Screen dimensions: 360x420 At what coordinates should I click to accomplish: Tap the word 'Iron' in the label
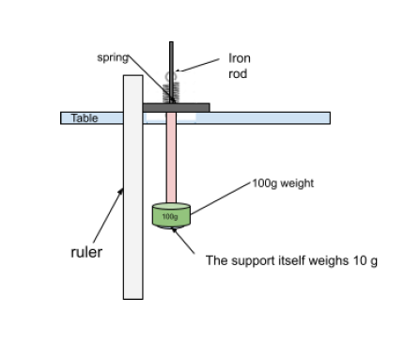click(x=240, y=58)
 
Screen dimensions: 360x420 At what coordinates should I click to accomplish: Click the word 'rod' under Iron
click(x=238, y=73)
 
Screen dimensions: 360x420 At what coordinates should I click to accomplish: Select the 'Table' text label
click(x=72, y=118)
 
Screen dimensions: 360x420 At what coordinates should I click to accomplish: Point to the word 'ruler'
click(x=86, y=252)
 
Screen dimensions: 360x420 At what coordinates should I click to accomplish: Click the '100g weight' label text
click(x=283, y=182)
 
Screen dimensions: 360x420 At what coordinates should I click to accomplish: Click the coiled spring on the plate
click(x=170, y=93)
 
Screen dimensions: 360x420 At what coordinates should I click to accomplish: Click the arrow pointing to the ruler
click(x=107, y=215)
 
